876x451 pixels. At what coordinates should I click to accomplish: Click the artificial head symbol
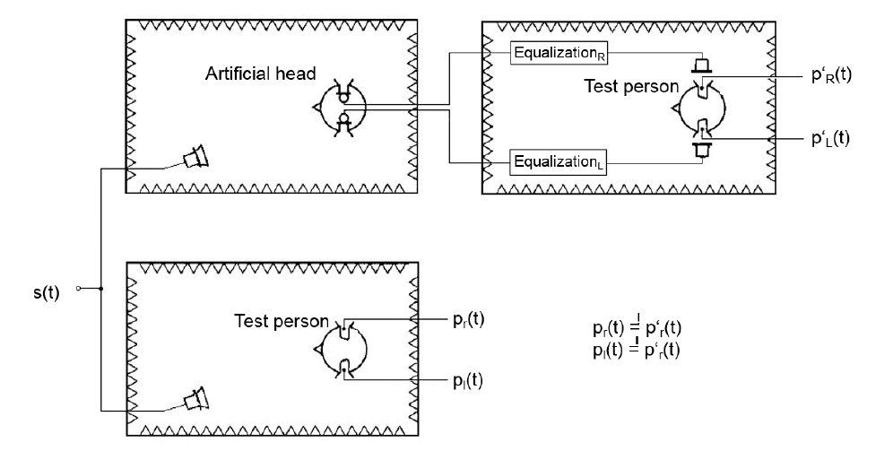tap(338, 108)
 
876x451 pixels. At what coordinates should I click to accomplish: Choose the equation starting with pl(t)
tap(629, 350)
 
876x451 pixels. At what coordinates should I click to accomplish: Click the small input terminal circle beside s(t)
tap(79, 289)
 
